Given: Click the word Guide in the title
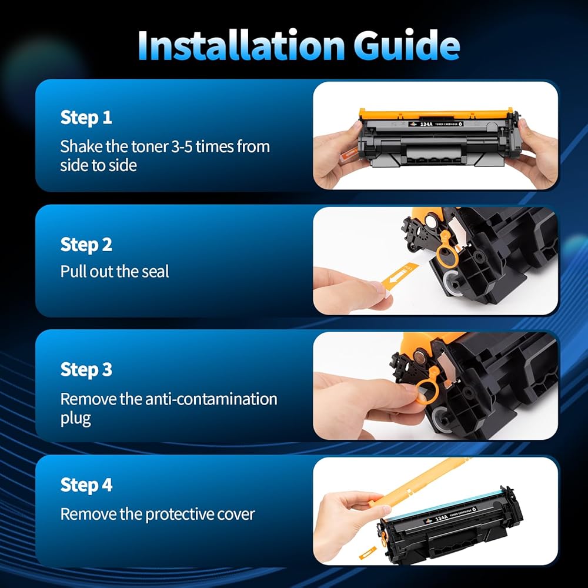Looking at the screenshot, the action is [x=406, y=45].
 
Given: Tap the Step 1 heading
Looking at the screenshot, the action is [x=86, y=118].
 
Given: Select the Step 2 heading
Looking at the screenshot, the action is [x=86, y=245].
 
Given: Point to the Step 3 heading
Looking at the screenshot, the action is [x=86, y=369].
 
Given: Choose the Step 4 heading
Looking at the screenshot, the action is [x=86, y=485].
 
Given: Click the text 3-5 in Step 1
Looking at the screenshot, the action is [x=181, y=146].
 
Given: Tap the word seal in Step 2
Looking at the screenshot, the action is [x=155, y=272].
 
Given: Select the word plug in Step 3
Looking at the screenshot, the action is [x=75, y=419].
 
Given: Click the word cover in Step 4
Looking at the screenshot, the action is [x=237, y=514].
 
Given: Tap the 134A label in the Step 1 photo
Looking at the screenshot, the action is [x=426, y=123].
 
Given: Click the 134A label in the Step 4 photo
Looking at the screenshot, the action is [x=442, y=518].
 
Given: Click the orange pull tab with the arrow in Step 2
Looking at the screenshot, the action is [x=400, y=276].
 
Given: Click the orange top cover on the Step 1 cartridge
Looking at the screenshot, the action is [x=436, y=113].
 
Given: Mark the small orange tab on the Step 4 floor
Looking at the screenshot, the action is [x=367, y=553].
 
